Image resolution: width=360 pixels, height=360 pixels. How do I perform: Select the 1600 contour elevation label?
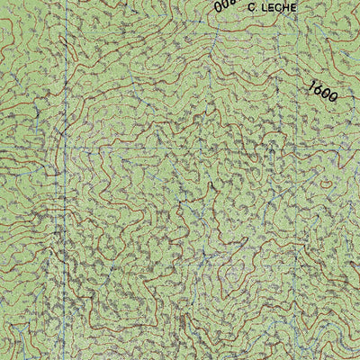(x=323, y=92)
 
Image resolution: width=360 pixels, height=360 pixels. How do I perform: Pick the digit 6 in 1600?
(x=319, y=89)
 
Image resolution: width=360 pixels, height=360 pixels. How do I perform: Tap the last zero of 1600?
(x=334, y=99)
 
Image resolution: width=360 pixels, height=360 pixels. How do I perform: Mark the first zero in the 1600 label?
(x=326, y=94)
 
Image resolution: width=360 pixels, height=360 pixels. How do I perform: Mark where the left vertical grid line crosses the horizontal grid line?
(x=64, y=146)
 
